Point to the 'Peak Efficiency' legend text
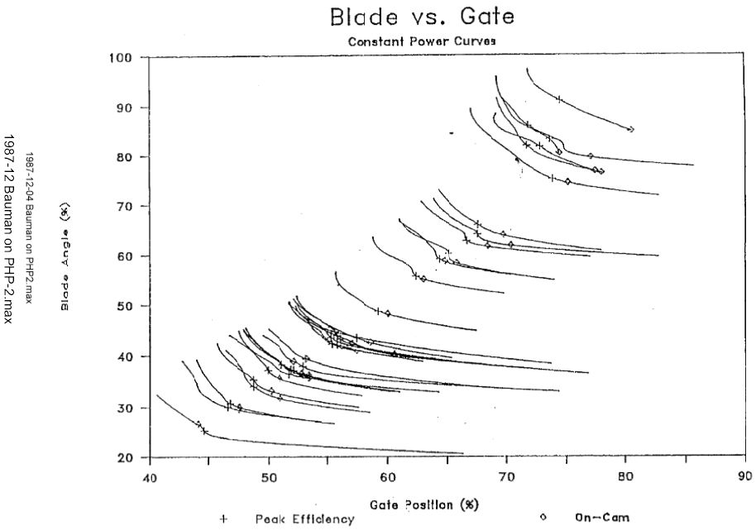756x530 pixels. [x=293, y=519]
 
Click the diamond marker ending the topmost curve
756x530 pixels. [x=631, y=129]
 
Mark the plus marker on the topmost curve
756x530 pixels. [x=559, y=99]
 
